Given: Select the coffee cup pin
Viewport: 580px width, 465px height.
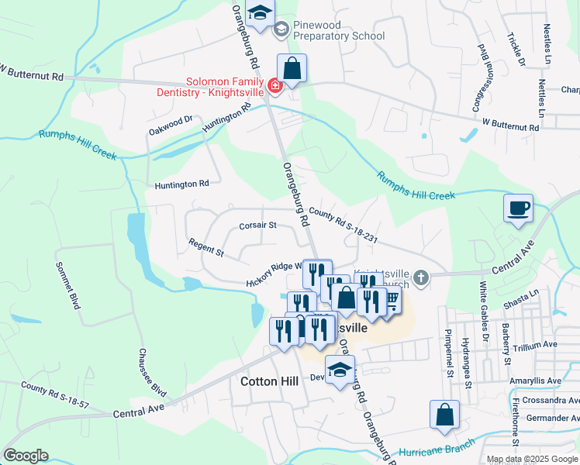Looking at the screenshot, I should (518, 208).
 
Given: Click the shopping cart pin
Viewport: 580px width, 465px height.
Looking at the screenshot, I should (390, 299).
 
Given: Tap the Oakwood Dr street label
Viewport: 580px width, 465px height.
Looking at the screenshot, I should (171, 126).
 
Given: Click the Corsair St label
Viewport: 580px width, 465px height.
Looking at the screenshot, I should (257, 226).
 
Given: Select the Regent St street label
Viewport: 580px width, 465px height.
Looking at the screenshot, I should (205, 248).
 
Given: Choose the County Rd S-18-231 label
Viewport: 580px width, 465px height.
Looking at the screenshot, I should (343, 225).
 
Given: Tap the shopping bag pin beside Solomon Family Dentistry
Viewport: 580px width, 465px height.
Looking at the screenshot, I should (292, 68).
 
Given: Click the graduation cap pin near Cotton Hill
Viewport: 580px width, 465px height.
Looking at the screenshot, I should (340, 370).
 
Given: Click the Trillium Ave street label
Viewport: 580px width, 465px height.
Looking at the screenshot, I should (535, 344).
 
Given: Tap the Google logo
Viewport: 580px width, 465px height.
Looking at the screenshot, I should (26, 456).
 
